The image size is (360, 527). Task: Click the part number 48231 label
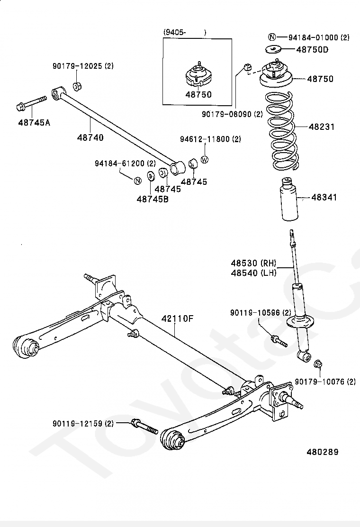tap(322, 127)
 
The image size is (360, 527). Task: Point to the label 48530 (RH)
tap(253, 263)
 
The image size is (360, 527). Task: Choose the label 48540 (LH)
tap(253, 273)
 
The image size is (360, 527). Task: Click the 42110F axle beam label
tap(178, 318)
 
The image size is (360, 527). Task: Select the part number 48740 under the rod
tap(90, 137)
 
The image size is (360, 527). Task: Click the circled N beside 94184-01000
tap(271, 37)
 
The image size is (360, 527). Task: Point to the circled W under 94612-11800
tap(205, 160)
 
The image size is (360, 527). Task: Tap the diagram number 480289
tap(322, 452)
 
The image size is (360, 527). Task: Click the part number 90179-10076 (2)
tap(325, 382)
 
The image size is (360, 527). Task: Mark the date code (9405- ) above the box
tap(185, 32)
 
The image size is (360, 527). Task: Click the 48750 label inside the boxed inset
tap(198, 94)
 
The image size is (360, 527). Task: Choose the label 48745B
tap(153, 199)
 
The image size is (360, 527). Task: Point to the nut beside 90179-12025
tap(78, 86)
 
